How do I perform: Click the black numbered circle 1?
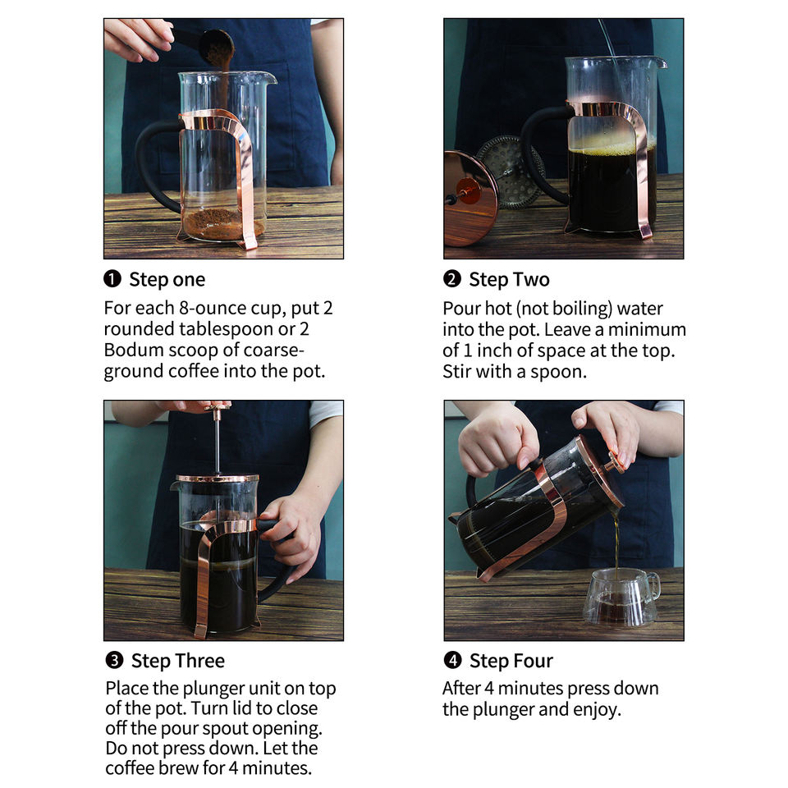[112, 278]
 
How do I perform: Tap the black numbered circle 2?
[452, 278]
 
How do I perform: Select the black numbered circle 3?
[115, 660]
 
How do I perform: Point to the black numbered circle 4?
[453, 660]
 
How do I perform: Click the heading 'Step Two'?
[509, 279]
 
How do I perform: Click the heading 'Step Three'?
[178, 660]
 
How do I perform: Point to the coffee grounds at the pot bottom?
[222, 224]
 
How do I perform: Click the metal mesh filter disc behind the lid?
[509, 172]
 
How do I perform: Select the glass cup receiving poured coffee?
[621, 597]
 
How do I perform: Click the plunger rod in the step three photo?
[218, 441]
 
